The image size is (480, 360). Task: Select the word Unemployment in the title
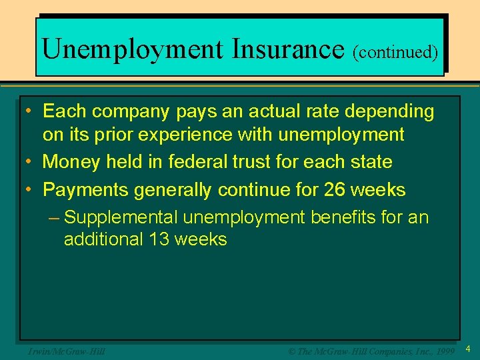tap(132, 49)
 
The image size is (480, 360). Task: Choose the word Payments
tap(85, 190)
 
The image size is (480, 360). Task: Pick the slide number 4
tap(468, 349)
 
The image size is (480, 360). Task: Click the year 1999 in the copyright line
tap(443, 351)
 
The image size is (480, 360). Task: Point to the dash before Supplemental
tap(55, 218)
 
